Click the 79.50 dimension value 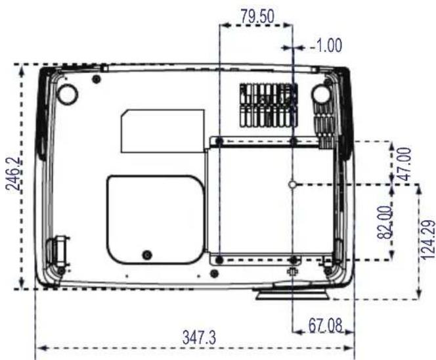pos(257,16)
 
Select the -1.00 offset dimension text pos(326,45)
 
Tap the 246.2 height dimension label pos(14,173)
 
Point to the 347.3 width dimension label pos(199,338)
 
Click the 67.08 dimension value pos(325,325)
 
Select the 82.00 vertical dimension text pos(385,222)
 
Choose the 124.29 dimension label pos(428,240)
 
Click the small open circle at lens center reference pos(292,184)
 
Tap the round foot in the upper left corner pos(67,94)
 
